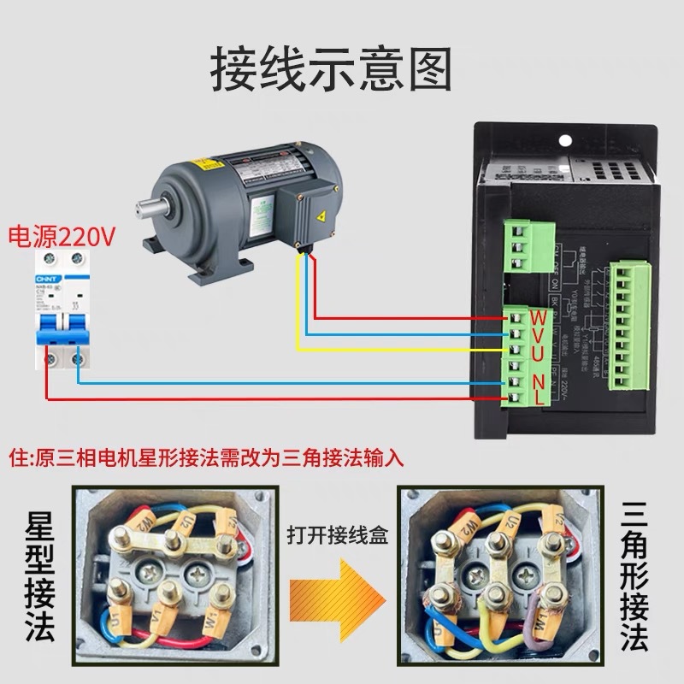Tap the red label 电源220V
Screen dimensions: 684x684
pyautogui.click(x=61, y=235)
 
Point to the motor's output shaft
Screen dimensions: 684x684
pyautogui.click(x=148, y=204)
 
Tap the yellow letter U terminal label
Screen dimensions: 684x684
pyautogui.click(x=540, y=353)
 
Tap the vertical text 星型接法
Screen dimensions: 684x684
pyautogui.click(x=36, y=581)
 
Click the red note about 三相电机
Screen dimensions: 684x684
pyautogui.click(x=205, y=457)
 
